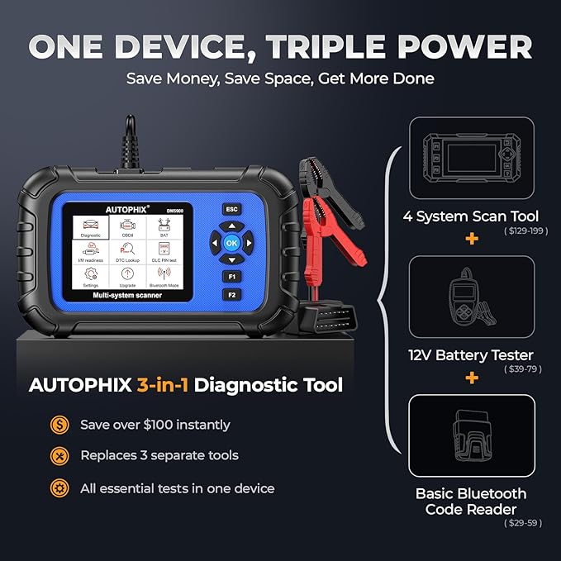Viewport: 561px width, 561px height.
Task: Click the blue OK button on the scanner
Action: (232, 243)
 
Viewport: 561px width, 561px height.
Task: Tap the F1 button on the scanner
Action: (232, 277)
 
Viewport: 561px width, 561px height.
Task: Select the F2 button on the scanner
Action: (232, 294)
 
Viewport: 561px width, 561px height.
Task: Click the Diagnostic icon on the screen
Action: (91, 226)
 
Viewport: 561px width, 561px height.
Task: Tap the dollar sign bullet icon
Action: (59, 425)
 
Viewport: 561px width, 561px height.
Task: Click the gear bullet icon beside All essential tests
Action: (59, 487)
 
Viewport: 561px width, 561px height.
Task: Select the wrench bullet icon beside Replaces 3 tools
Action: (59, 456)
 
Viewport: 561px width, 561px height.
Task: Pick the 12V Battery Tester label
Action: (472, 355)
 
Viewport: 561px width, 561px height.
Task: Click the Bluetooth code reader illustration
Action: (472, 435)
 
